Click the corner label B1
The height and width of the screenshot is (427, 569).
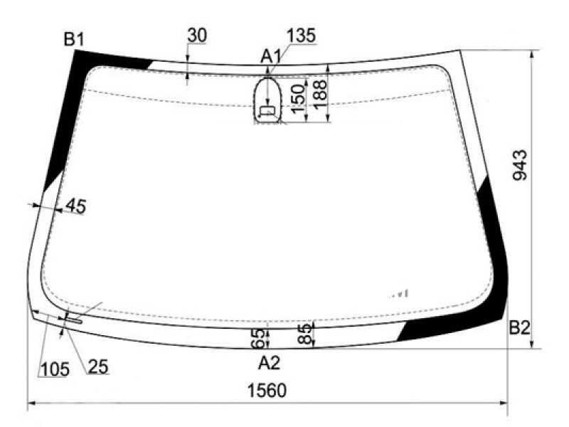[74, 39]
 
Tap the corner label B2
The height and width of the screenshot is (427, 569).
[519, 328]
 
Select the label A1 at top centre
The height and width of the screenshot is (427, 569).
[271, 56]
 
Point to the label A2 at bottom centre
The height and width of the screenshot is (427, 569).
[270, 363]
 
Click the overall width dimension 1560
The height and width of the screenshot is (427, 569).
[267, 391]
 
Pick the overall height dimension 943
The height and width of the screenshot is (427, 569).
[519, 165]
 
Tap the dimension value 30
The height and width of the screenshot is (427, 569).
[197, 35]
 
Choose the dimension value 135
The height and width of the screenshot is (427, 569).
[301, 36]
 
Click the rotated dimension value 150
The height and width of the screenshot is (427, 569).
[298, 99]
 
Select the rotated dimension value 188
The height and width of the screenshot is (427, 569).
[319, 94]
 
